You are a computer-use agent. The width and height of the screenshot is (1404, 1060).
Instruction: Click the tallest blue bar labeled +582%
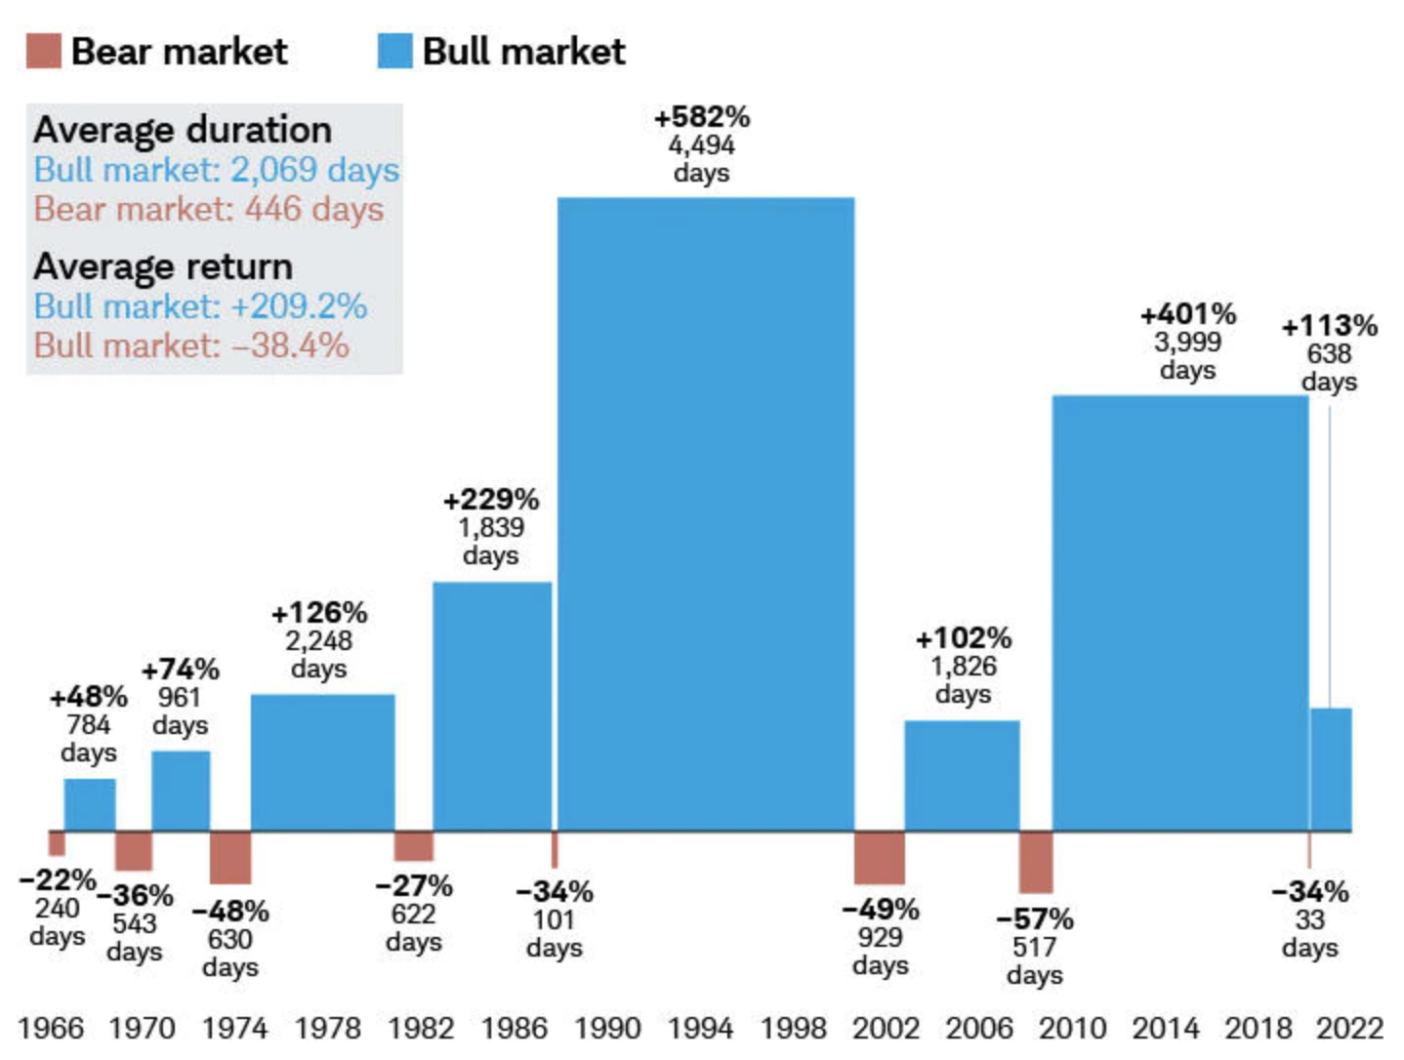pyautogui.click(x=705, y=512)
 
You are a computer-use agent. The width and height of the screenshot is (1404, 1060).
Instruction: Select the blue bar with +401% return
pyautogui.click(x=1179, y=612)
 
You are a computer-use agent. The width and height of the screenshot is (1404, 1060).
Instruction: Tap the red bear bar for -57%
pyautogui.click(x=1035, y=862)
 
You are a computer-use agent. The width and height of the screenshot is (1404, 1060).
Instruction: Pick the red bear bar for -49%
pyautogui.click(x=879, y=857)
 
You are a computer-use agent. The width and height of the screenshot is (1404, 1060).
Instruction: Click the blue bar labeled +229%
pyautogui.click(x=492, y=706)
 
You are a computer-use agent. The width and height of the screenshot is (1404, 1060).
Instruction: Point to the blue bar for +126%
pyautogui.click(x=322, y=761)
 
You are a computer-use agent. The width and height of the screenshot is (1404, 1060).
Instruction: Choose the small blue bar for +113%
pyautogui.click(x=1331, y=769)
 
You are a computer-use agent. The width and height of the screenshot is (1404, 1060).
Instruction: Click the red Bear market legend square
pyautogui.click(x=43, y=51)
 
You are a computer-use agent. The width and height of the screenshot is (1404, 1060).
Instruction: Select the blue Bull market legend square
pyautogui.click(x=394, y=51)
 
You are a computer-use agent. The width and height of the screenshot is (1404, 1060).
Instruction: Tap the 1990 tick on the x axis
pyautogui.click(x=606, y=1028)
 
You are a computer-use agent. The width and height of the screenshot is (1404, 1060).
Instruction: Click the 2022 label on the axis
pyautogui.click(x=1349, y=1028)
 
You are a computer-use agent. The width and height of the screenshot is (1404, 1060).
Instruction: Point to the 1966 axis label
pyautogui.click(x=51, y=1028)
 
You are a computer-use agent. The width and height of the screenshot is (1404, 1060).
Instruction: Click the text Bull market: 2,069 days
pyautogui.click(x=216, y=170)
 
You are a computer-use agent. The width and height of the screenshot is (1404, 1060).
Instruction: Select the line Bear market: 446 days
pyautogui.click(x=208, y=209)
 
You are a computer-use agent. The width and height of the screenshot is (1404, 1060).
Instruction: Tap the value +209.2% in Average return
pyautogui.click(x=299, y=306)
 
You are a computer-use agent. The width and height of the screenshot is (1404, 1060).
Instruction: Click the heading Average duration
pyautogui.click(x=183, y=130)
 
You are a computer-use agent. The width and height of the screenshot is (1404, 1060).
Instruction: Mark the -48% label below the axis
pyautogui.click(x=230, y=911)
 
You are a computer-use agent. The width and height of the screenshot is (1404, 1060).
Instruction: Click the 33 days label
pyautogui.click(x=1309, y=933)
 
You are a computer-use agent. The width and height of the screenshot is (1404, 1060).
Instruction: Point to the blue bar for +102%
pyautogui.click(x=962, y=775)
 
